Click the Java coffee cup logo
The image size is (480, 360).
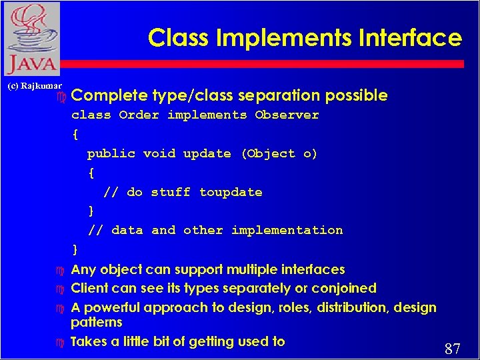[x=31, y=39]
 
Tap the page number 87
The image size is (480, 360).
[x=453, y=349]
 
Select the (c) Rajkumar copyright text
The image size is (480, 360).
[x=34, y=86]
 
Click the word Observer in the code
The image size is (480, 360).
[x=287, y=115]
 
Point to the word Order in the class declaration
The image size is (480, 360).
[x=139, y=115]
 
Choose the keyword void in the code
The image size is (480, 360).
[x=159, y=154]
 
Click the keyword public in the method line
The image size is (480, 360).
[x=111, y=154]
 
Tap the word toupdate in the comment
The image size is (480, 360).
[x=231, y=193]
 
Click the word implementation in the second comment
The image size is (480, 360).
[x=287, y=231]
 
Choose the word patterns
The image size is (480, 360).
[x=97, y=323]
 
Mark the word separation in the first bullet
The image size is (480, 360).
[x=288, y=96]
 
